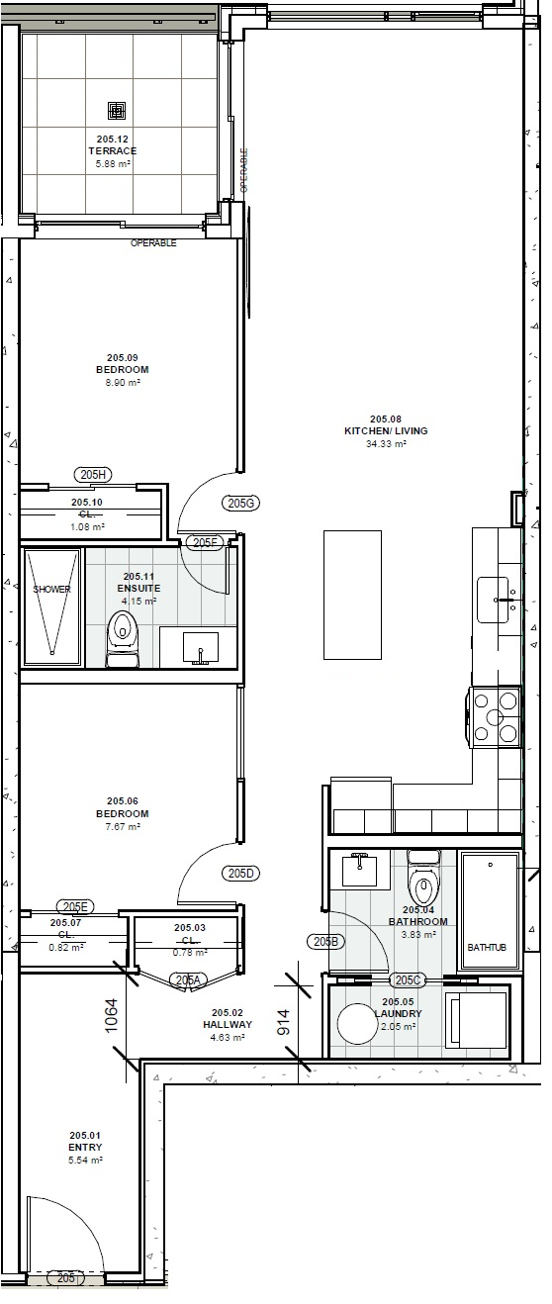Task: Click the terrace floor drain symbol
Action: point(117,110)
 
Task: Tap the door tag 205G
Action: point(241,503)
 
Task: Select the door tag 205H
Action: point(93,475)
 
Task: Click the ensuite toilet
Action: point(122,638)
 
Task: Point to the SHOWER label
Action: point(51,589)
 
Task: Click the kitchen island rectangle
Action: point(353,595)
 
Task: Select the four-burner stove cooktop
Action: point(495,716)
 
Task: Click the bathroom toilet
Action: point(424,877)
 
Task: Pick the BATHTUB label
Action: point(487,947)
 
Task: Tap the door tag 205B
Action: point(326,941)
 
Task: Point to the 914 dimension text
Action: point(284,1022)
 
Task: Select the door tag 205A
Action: point(188,980)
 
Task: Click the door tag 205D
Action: point(241,874)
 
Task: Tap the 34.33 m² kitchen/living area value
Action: point(385,443)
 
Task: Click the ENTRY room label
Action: point(85,1147)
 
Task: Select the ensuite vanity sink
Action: point(200,648)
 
